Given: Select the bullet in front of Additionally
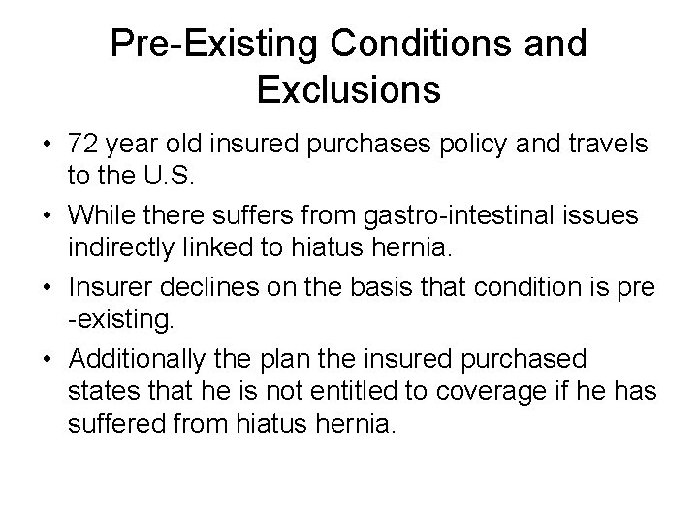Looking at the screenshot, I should coord(46,359).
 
